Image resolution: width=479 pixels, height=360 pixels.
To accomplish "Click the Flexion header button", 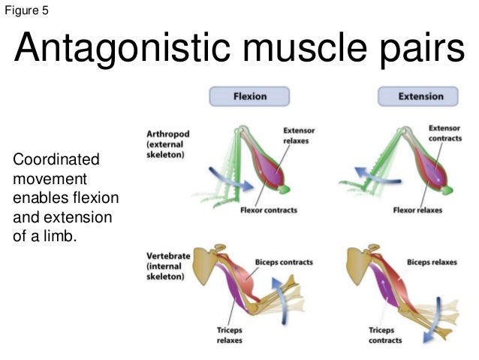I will click(249, 96).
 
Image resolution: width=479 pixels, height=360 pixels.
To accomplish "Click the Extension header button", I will click(420, 96).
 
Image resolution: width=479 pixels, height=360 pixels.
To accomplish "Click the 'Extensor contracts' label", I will click(444, 133).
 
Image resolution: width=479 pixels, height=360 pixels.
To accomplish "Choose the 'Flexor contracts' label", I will click(267, 210).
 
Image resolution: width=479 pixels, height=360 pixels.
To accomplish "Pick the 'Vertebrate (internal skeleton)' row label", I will click(168, 266).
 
